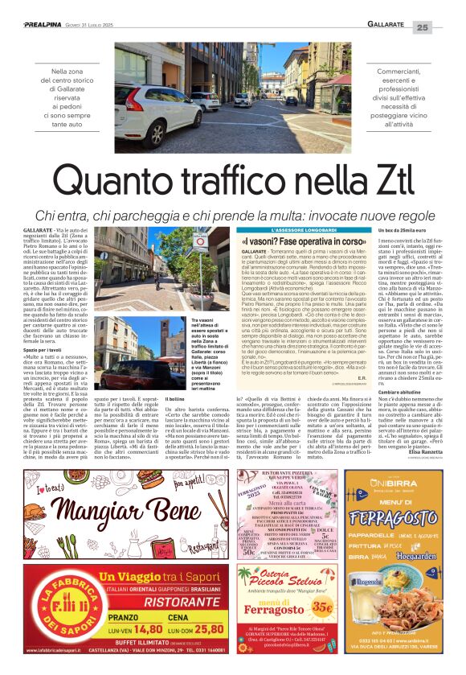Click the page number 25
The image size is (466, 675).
click(x=444, y=27)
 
